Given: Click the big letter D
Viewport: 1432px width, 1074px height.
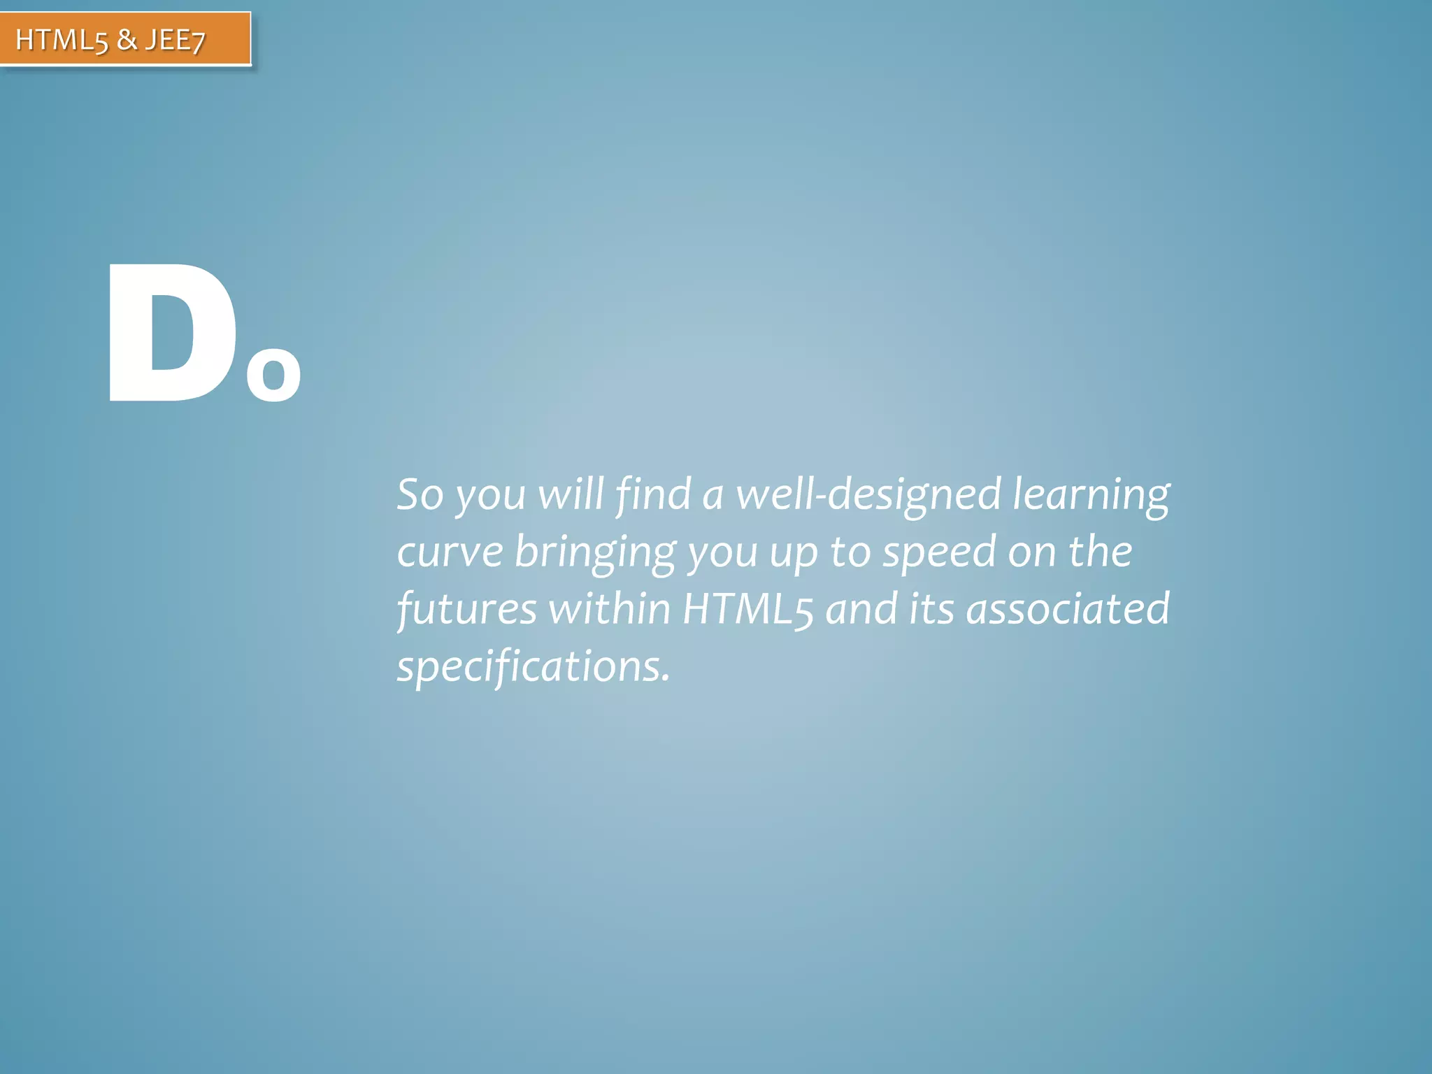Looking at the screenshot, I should tap(171, 334).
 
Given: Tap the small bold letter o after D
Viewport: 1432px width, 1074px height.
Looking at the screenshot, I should tap(273, 374).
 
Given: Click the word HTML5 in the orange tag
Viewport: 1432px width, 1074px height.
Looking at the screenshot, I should tap(62, 41).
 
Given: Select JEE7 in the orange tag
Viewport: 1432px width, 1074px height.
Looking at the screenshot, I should tap(175, 41).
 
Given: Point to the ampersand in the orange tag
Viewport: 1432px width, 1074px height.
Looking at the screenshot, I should tap(127, 40).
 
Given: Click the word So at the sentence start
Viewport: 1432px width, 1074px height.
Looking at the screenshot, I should tap(420, 494).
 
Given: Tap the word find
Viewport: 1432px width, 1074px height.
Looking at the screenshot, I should tap(653, 494).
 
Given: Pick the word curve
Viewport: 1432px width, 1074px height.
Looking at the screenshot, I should tap(450, 552).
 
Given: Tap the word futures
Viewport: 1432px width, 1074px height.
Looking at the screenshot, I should tap(466, 609).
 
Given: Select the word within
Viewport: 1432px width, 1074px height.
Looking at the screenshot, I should tap(609, 609).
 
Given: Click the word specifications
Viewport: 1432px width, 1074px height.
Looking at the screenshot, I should tap(534, 667).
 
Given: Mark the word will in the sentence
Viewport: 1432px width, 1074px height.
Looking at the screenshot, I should tap(571, 494).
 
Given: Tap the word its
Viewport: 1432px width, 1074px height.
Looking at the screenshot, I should tap(931, 609).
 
